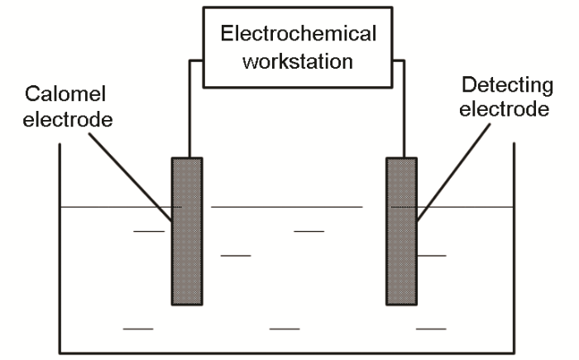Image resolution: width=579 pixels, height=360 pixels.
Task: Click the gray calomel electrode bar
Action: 186,231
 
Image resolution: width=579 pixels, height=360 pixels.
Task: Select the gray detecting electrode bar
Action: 402,231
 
